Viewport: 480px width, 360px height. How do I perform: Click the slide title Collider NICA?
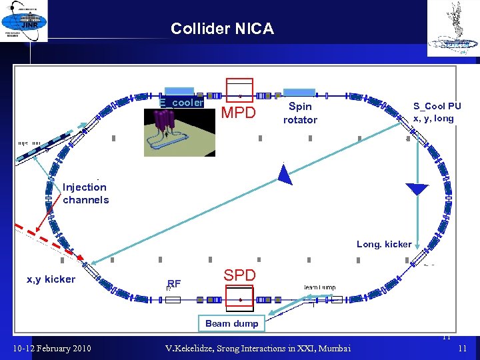pos(222,29)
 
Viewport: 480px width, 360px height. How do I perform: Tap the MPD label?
pos(238,113)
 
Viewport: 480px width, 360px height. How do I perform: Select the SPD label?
pos(239,275)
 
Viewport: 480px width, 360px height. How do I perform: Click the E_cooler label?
pos(181,103)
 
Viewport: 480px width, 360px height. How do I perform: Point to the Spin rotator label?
pos(300,113)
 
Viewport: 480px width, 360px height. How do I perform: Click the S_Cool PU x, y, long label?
pos(437,112)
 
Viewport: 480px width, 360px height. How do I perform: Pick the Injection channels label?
pos(85,193)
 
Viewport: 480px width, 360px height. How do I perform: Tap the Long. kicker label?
pos(384,244)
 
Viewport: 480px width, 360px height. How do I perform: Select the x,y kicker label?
pos(51,279)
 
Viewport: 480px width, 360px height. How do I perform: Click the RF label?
pos(174,283)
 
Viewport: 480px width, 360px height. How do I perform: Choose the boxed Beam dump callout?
pos(231,323)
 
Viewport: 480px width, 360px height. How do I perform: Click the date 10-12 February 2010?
pos(53,348)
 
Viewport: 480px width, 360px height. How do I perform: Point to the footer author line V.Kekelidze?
pos(260,348)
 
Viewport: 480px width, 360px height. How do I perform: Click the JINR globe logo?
pos(25,21)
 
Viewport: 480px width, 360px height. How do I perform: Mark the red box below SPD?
pos(239,297)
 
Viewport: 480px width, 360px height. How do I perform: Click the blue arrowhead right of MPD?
pos(285,175)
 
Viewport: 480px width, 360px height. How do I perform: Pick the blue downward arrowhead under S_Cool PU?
pos(417,189)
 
